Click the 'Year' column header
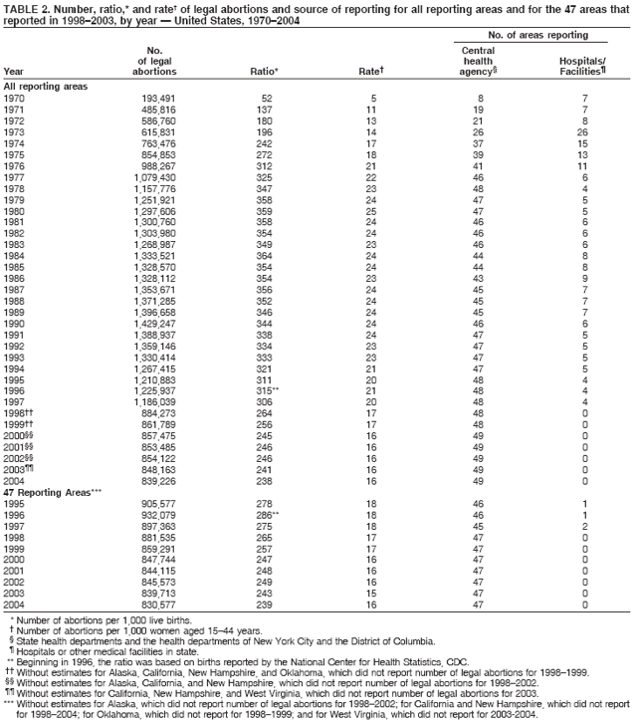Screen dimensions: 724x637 [14, 71]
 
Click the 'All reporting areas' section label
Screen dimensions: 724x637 [46, 87]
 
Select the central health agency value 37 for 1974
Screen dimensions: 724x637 [478, 143]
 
